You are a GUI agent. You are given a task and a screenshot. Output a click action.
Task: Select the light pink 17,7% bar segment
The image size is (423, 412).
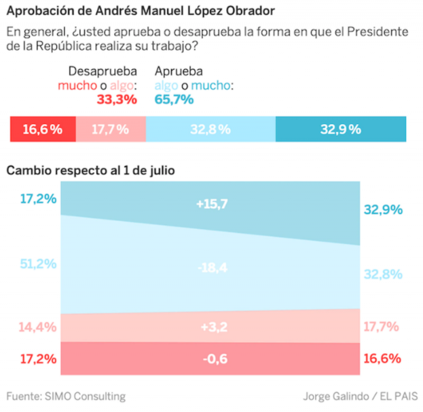111,129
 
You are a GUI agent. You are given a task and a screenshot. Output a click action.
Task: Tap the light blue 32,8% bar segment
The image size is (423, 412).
210,129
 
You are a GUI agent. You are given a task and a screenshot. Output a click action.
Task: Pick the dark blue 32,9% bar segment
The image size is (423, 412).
341,129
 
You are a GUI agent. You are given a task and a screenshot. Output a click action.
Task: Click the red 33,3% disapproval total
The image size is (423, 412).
116,99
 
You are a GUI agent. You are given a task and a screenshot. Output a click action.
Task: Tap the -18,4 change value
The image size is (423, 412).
212,268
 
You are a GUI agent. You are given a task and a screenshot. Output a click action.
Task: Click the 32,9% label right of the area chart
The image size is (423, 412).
383,210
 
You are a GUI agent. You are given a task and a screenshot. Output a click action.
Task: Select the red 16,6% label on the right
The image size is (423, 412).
382,359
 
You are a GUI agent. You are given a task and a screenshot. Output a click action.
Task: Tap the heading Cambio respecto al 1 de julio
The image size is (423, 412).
90,171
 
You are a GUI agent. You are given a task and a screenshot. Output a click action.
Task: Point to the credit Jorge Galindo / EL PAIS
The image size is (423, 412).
360,396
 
